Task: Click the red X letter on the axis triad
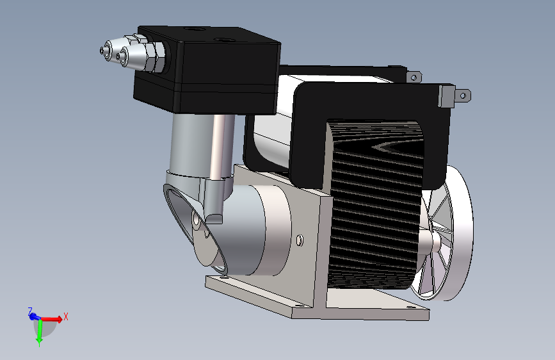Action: click(65, 316)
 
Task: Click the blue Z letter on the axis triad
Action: click(30, 311)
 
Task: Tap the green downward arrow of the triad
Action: click(40, 332)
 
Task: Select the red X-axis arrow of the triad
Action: click(52, 319)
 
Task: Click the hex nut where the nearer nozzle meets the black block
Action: click(158, 57)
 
